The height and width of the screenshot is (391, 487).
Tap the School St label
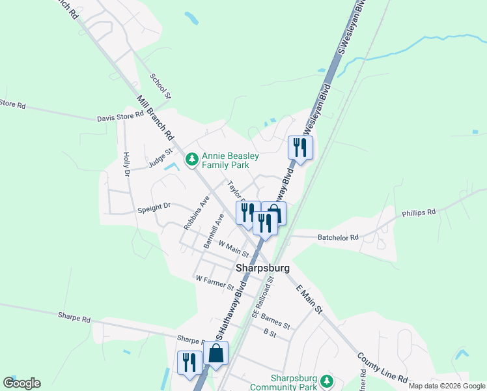160,86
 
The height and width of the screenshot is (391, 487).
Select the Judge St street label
160,158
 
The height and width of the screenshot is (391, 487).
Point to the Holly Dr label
126,164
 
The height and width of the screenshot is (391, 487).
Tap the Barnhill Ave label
213,231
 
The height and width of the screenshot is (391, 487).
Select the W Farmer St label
214,282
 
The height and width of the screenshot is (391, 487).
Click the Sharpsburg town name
262,268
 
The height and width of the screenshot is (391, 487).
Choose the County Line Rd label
382,368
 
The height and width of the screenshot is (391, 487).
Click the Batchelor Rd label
338,238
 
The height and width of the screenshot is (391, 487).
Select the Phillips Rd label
418,212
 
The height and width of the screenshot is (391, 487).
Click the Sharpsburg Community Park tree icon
329,381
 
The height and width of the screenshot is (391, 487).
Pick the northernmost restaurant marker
300,146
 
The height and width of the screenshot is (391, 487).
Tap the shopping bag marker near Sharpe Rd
216,353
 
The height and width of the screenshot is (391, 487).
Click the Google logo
22,383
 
